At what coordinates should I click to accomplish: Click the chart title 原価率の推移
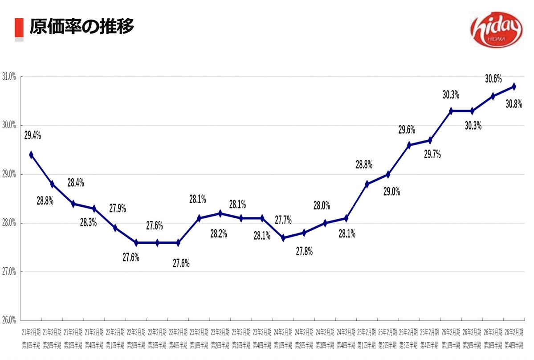click(82, 27)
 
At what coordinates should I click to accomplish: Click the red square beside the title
click(19, 28)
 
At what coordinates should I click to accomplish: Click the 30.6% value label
click(493, 78)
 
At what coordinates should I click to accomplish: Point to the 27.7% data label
click(283, 219)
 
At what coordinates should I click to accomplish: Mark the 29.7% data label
click(432, 155)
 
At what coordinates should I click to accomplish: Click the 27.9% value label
click(118, 208)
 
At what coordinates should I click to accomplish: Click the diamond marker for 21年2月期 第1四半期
click(31, 155)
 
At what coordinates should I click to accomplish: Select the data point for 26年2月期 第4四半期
click(514, 86)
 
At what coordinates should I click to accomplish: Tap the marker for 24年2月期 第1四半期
click(283, 238)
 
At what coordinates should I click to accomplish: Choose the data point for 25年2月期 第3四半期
click(409, 145)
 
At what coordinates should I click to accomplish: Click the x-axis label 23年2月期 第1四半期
click(199, 339)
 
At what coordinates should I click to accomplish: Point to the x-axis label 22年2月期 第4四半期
click(178, 339)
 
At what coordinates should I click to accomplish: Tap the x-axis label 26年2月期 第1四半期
click(451, 339)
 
